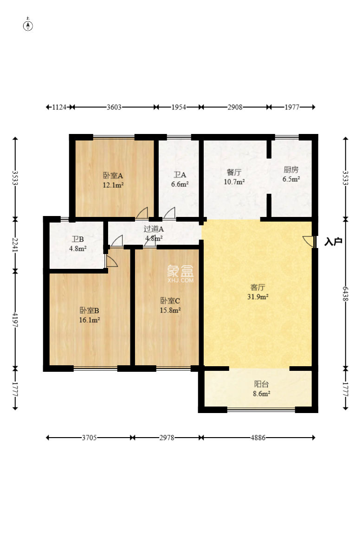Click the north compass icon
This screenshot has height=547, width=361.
pos(28,25)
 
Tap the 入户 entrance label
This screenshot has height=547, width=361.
pos(333,242)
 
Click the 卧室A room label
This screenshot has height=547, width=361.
pos(113,176)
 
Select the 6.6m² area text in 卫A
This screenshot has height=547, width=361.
pos(180,184)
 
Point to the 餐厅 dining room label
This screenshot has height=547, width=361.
pos(234,172)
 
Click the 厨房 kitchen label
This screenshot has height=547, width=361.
pos(291,170)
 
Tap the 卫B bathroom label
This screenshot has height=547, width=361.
pos(77,240)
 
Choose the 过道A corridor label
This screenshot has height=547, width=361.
pos(154,229)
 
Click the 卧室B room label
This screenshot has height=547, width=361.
pos(90,311)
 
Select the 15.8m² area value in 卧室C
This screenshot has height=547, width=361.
pos(170,310)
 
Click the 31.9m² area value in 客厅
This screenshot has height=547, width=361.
pos(258,297)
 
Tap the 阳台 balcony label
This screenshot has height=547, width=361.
pos(261,384)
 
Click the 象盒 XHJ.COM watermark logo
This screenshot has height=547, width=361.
pos(180,273)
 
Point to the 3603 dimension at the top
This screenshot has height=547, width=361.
pos(114,107)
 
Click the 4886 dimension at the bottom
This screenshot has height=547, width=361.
pos(258,438)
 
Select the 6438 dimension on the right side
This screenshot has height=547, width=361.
pos(345,294)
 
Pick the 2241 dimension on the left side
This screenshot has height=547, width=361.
pos(15,245)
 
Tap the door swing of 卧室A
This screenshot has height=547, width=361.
pos(142,213)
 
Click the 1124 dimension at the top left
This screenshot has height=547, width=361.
pos(59,107)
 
